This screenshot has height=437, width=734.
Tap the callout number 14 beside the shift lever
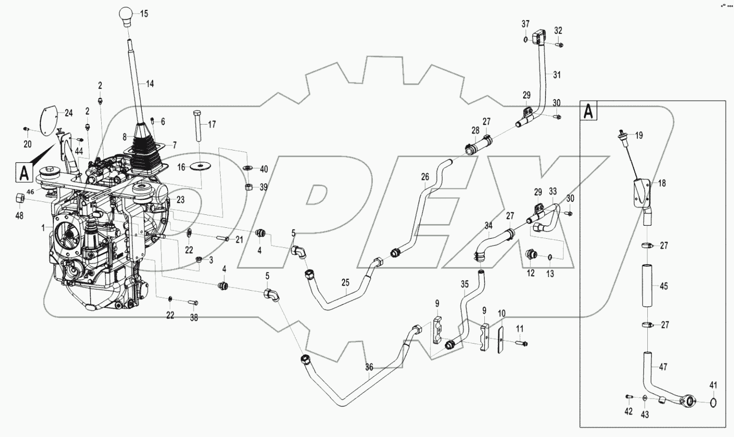[150, 83]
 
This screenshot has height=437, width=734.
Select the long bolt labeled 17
[197, 125]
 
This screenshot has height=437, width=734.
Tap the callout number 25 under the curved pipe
[346, 283]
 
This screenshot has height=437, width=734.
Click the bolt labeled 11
[521, 343]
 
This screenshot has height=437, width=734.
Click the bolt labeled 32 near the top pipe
[560, 46]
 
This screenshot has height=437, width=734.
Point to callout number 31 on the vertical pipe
[557, 75]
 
